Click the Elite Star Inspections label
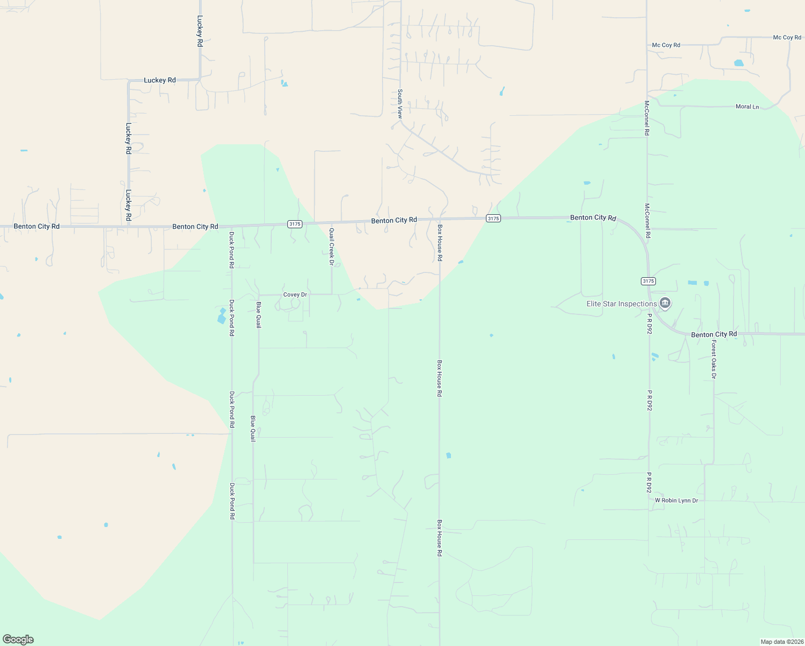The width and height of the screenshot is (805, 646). [622, 304]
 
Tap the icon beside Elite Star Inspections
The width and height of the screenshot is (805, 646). [665, 304]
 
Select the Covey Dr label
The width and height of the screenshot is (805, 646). [295, 295]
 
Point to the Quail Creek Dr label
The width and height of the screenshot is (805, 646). [331, 247]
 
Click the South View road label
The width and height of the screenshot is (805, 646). [400, 104]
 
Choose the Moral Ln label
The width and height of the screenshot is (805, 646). [747, 107]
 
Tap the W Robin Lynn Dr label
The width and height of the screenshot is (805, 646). [676, 501]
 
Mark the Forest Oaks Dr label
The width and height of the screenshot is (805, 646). [714, 359]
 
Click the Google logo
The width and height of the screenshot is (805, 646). [18, 640]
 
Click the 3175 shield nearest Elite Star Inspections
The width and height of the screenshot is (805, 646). [648, 281]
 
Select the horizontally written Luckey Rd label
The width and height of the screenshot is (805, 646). [160, 80]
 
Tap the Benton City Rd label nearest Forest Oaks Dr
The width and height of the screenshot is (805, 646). [714, 335]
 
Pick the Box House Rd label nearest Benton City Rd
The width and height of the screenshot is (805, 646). [440, 243]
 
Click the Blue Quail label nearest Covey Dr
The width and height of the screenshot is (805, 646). [258, 315]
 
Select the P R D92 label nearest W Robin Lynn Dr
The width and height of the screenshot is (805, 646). [649, 483]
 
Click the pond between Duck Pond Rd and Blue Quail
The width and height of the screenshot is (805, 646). [222, 316]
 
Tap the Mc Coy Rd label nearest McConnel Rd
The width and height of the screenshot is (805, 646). [666, 45]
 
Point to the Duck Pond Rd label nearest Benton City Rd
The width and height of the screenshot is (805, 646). [231, 250]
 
